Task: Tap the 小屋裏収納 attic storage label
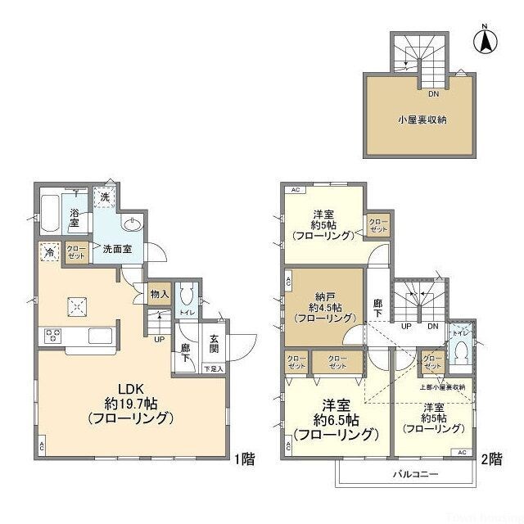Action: point(422,120)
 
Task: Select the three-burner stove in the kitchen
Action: point(53,334)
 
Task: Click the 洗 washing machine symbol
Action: point(104,196)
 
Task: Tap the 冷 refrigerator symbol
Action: point(49,252)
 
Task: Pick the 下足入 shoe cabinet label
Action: point(213,368)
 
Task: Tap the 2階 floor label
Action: point(492,459)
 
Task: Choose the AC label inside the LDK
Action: point(42,446)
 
